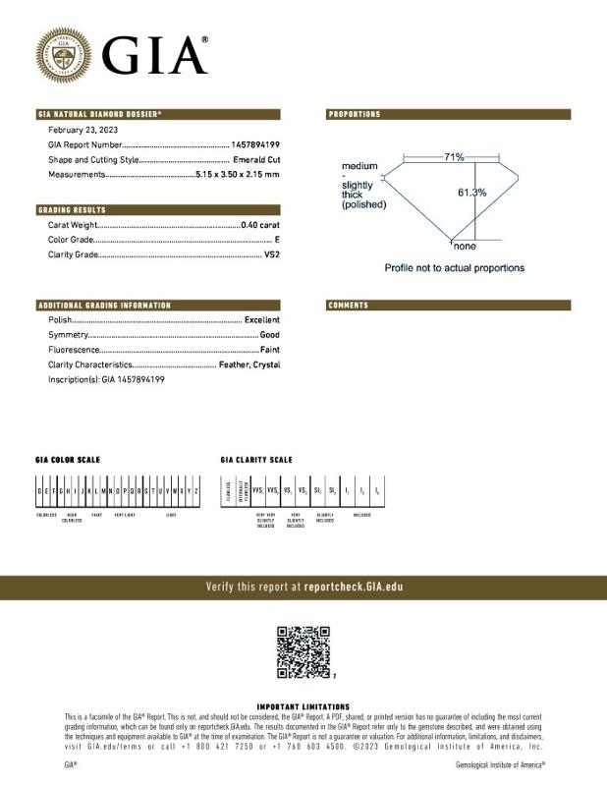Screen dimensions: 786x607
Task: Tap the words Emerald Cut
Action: point(256,159)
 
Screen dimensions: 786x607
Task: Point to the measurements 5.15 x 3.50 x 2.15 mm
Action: point(237,174)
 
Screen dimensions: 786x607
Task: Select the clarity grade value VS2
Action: point(272,254)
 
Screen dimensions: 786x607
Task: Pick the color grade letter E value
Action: point(277,240)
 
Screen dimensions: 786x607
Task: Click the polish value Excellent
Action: point(261,320)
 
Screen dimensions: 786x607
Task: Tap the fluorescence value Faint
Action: point(269,350)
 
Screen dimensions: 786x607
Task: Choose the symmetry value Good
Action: point(269,335)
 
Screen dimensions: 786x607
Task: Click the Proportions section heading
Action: point(355,115)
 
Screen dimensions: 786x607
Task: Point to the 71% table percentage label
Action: point(453,157)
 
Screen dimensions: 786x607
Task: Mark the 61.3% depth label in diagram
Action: point(471,193)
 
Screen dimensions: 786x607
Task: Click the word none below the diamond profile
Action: point(464,247)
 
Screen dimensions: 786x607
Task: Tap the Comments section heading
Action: point(349,306)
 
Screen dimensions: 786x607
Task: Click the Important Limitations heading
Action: point(303,706)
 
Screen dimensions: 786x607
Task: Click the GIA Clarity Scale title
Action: point(255,460)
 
